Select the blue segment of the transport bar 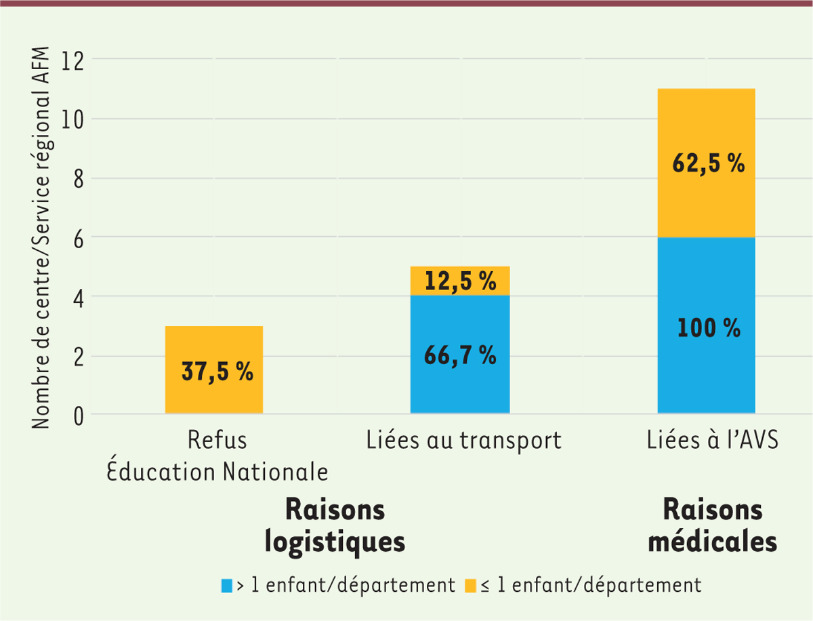(460, 380)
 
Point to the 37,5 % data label (217, 372)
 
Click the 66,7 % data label (460, 355)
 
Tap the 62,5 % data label (709, 164)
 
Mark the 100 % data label (709, 329)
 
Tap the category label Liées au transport (464, 441)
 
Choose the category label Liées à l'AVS (711, 441)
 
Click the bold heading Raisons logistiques (335, 525)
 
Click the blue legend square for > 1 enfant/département (227, 584)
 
